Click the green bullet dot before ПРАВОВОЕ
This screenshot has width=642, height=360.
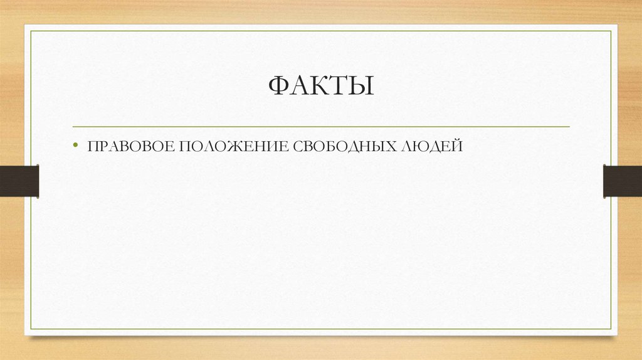[x=76, y=146]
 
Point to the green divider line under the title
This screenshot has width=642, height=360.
[x=321, y=127]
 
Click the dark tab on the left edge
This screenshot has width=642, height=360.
[x=19, y=181]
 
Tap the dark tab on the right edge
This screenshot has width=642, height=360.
[x=623, y=181]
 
